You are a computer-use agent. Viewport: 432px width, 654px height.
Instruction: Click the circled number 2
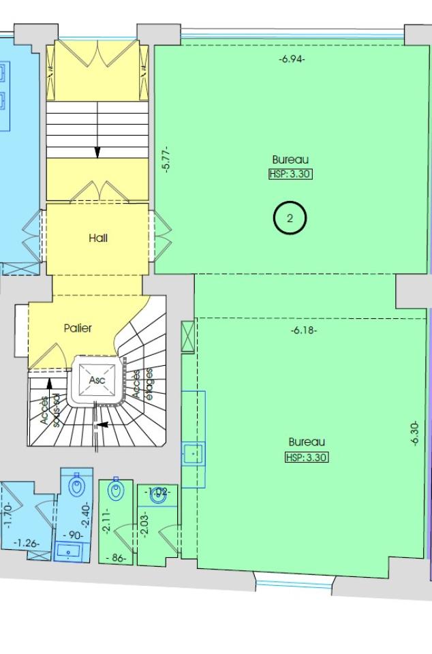(x=290, y=219)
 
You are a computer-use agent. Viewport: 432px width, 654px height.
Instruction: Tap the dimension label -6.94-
(x=292, y=59)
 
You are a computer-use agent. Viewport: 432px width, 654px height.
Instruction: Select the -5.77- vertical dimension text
(x=166, y=159)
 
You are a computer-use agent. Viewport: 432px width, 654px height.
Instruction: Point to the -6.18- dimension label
(x=304, y=331)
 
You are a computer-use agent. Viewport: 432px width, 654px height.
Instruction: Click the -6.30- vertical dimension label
(x=415, y=433)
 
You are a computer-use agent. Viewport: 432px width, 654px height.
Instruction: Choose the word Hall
(x=98, y=238)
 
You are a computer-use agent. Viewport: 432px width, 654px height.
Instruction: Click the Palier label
(x=78, y=328)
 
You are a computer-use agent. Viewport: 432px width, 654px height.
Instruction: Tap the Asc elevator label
(x=97, y=379)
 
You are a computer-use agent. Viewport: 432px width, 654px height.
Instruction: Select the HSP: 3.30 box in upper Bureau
(x=290, y=174)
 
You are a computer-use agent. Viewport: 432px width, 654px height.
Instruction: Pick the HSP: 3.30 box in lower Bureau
(x=307, y=457)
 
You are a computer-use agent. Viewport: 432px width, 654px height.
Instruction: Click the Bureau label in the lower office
(x=307, y=441)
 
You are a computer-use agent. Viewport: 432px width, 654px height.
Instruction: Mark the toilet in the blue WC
(x=76, y=487)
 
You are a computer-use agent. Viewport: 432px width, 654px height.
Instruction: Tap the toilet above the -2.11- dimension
(x=116, y=490)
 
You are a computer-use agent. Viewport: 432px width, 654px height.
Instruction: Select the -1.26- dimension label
(x=28, y=543)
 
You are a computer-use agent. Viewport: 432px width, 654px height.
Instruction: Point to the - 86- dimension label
(x=117, y=558)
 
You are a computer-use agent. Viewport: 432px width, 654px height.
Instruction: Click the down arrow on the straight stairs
(x=97, y=152)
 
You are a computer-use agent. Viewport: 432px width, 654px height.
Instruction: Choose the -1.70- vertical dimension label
(x=7, y=516)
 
